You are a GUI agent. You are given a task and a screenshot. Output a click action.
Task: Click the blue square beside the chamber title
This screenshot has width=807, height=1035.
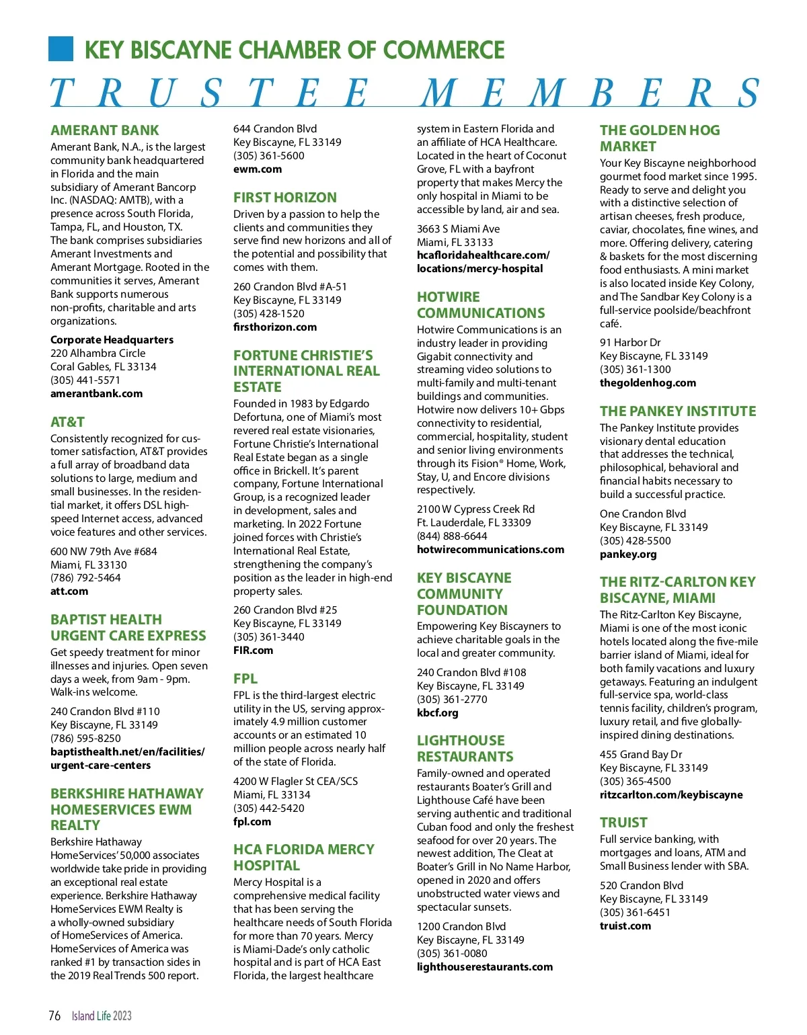tap(61, 49)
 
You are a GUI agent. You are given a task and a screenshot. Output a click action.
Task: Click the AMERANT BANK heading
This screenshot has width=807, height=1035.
tap(105, 130)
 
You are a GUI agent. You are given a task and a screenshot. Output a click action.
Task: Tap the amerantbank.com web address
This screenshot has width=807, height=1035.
tap(96, 394)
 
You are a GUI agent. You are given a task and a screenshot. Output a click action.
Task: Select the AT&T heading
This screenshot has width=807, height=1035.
tap(67, 422)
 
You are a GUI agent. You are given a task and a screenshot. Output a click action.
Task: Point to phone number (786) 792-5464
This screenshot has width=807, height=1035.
tap(85, 578)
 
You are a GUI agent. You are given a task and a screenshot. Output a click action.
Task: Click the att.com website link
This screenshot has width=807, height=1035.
tap(69, 591)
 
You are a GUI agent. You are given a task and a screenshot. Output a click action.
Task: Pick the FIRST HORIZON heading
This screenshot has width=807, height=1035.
tap(285, 198)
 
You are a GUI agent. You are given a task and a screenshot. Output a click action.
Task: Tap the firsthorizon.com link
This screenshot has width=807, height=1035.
tap(275, 327)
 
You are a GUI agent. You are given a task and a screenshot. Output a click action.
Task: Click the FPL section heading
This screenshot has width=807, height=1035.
tap(245, 679)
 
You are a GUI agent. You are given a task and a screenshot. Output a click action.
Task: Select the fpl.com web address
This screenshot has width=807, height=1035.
tap(252, 821)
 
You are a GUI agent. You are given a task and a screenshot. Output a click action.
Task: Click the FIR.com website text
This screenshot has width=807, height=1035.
tap(253, 650)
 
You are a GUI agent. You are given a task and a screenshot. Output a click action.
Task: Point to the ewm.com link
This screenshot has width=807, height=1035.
tap(258, 169)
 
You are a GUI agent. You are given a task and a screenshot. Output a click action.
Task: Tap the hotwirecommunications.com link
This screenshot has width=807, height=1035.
tap(490, 550)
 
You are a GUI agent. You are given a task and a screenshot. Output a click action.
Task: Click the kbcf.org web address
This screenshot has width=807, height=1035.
tap(437, 712)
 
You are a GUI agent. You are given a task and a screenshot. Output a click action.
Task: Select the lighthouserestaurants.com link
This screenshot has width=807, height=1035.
tap(484, 966)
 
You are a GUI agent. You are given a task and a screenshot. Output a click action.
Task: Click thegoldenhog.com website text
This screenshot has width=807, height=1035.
tap(648, 383)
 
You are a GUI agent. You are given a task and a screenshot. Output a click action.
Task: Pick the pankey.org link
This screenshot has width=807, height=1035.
tap(628, 554)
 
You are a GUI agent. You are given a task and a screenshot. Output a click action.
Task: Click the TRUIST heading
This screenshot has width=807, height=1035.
tap(623, 823)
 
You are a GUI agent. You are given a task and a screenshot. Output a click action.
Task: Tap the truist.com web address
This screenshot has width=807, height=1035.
tap(625, 925)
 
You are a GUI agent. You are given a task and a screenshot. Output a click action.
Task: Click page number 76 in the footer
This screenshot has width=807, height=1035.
tap(54, 1015)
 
